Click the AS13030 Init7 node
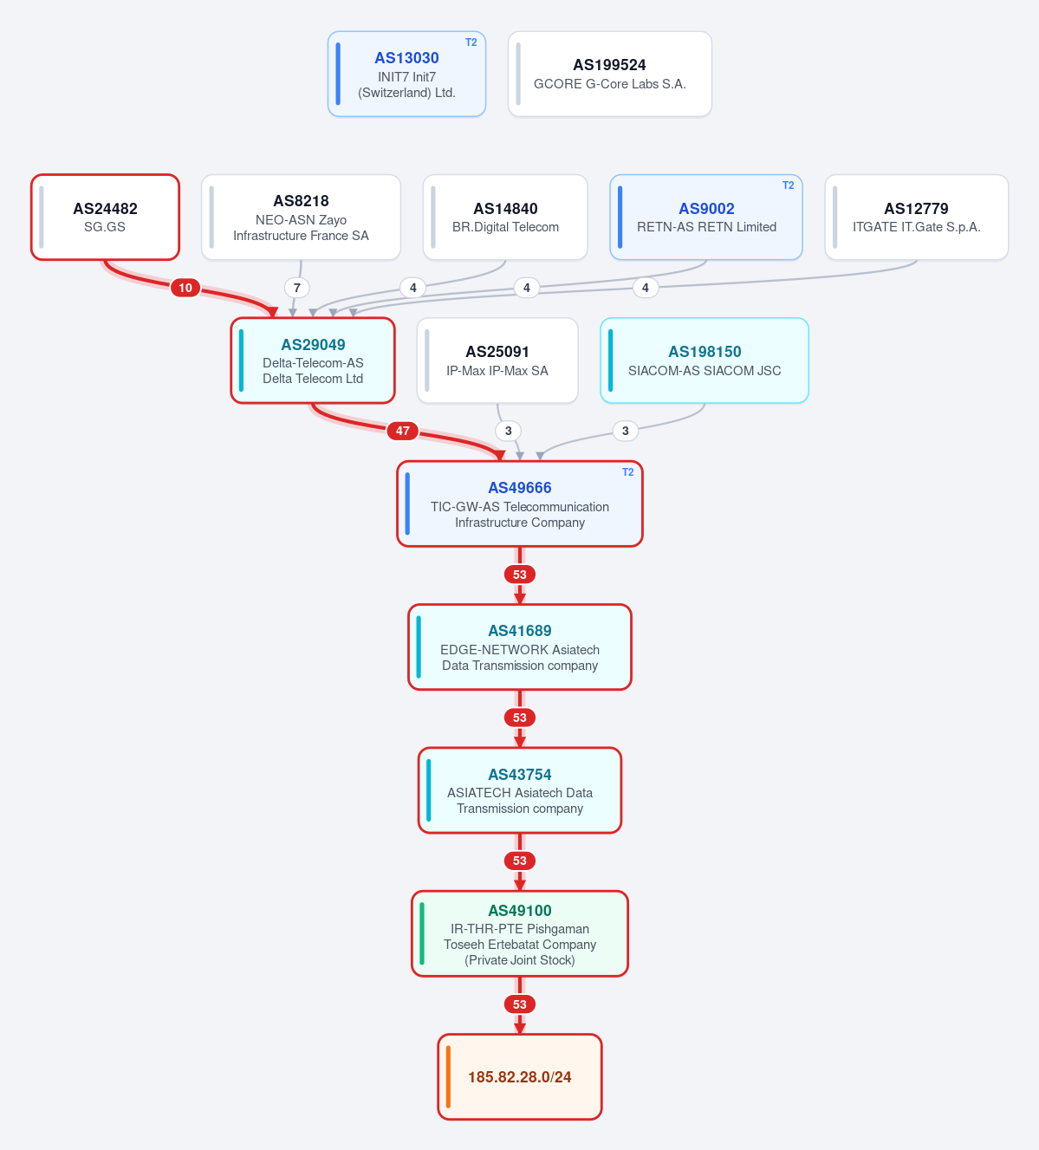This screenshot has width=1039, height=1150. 406,74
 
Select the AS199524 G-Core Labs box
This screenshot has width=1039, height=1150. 609,74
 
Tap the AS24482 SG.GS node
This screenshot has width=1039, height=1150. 105,218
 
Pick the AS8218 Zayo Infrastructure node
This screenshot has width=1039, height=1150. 301,218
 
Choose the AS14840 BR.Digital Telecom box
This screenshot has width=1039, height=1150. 505,218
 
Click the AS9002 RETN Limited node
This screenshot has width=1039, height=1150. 706,218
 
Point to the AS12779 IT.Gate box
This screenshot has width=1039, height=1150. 916,218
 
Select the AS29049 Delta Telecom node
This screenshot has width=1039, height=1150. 313,361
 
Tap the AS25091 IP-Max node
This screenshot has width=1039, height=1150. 497,361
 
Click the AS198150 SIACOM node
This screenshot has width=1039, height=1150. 705,361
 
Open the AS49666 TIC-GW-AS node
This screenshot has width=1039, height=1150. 520,504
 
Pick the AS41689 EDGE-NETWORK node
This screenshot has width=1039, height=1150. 520,647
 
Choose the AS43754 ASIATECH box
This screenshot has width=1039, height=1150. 520,790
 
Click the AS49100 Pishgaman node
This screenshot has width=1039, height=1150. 520,934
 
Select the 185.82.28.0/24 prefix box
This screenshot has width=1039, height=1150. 520,1077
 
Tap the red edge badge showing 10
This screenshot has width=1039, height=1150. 185,288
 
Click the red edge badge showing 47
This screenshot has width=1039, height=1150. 403,431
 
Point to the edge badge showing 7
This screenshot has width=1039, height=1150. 297,288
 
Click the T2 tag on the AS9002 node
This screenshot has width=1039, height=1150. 789,185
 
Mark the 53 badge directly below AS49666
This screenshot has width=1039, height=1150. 520,575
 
